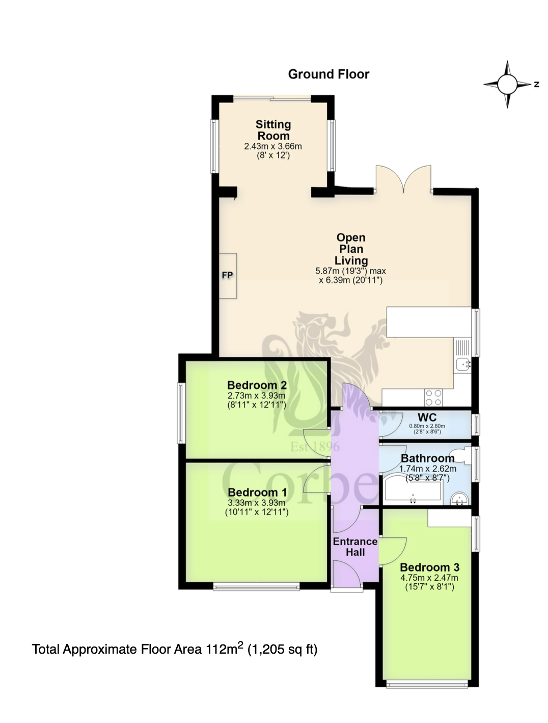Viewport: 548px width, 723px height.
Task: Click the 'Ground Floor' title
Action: pyautogui.click(x=328, y=74)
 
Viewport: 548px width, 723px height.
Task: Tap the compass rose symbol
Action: pyautogui.click(x=507, y=84)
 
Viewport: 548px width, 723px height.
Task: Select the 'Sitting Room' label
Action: pyautogui.click(x=273, y=130)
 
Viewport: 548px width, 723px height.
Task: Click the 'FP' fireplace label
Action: pyautogui.click(x=227, y=275)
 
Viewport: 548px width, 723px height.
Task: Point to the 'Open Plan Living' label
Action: pyautogui.click(x=351, y=249)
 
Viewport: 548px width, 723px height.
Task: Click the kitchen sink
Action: pyautogui.click(x=463, y=364)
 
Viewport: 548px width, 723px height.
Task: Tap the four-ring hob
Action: pyautogui.click(x=433, y=398)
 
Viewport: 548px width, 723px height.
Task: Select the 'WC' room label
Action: pyautogui.click(x=427, y=417)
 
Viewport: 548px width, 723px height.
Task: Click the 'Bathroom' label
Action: pyautogui.click(x=428, y=458)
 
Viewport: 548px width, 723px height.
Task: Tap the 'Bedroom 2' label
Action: pyautogui.click(x=257, y=385)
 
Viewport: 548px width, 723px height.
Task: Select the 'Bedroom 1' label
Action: pyautogui.click(x=257, y=493)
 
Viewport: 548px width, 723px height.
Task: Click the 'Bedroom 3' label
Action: pyautogui.click(x=429, y=567)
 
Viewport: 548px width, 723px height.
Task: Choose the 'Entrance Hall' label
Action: pyautogui.click(x=355, y=547)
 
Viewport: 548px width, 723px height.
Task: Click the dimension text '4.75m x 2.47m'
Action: pyautogui.click(x=429, y=577)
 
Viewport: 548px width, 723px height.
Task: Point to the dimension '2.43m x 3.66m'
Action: pyautogui.click(x=273, y=146)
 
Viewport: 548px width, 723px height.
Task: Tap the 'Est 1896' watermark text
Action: pyautogui.click(x=315, y=447)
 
